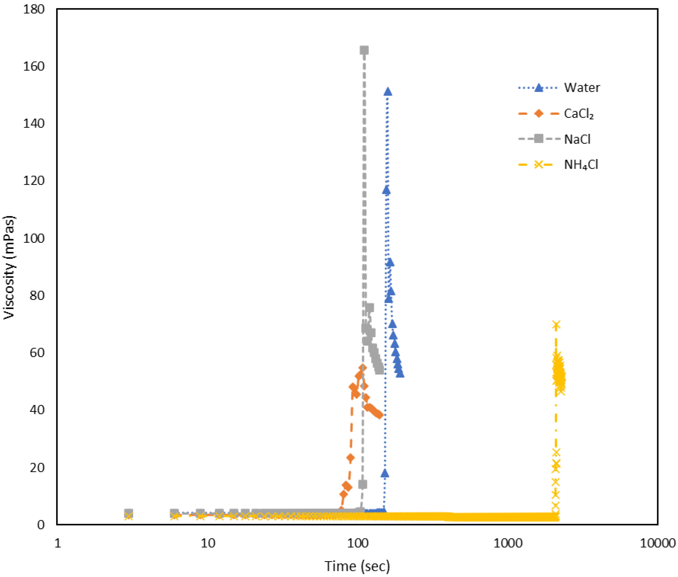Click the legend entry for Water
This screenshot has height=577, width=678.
pyautogui.click(x=582, y=88)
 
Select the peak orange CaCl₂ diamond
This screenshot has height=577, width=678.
pyautogui.click(x=362, y=367)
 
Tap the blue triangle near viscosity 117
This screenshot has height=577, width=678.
pyautogui.click(x=386, y=190)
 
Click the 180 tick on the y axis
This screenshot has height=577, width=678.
pyautogui.click(x=34, y=9)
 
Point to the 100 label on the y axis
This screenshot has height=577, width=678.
pyautogui.click(x=34, y=238)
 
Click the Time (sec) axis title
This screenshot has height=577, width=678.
pyautogui.click(x=357, y=566)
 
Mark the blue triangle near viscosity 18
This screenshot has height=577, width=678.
pyautogui.click(x=385, y=473)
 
